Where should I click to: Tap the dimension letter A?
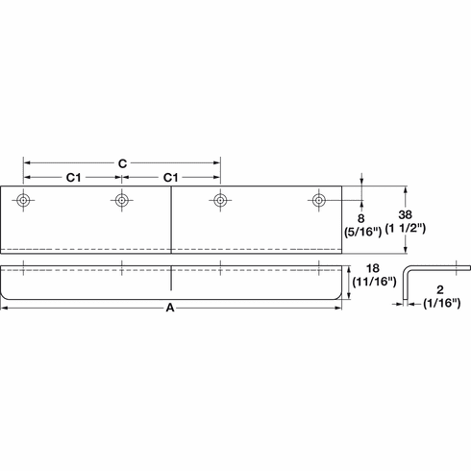[170, 308]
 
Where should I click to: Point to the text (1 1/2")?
[405, 231]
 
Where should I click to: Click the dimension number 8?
[361, 217]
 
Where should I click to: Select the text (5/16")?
[361, 232]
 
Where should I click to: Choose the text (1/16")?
[443, 304]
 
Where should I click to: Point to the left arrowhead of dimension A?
[5, 308]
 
